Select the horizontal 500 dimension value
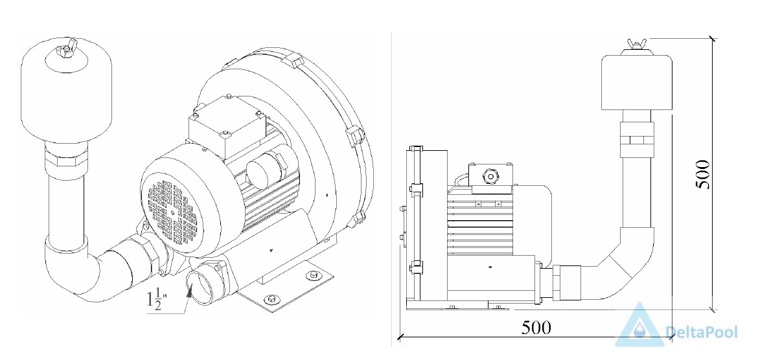536,328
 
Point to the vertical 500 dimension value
702,174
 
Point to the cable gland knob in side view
491,177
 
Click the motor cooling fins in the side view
479,221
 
